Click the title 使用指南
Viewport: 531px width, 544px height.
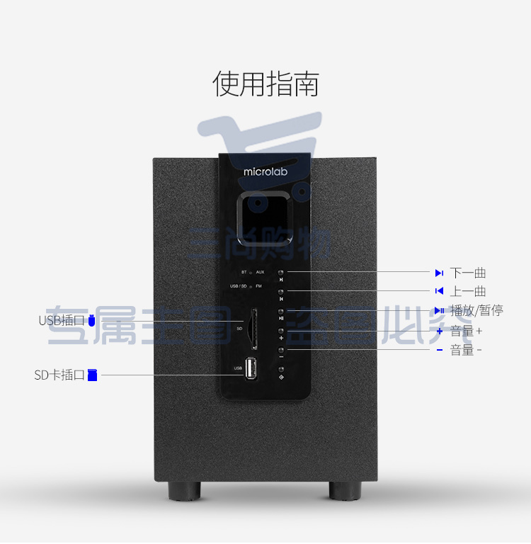click(265, 84)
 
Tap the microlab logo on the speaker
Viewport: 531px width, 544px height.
click(264, 171)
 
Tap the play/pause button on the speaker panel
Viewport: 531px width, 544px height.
click(281, 311)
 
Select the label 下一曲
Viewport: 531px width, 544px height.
click(468, 273)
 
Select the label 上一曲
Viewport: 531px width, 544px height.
click(468, 291)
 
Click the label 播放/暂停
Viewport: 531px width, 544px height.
click(476, 310)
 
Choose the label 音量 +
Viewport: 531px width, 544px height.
click(467, 330)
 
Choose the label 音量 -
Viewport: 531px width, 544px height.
click(466, 350)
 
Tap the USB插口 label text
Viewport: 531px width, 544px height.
click(62, 321)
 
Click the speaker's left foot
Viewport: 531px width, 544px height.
click(185, 490)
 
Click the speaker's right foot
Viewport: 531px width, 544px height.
click(345, 490)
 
